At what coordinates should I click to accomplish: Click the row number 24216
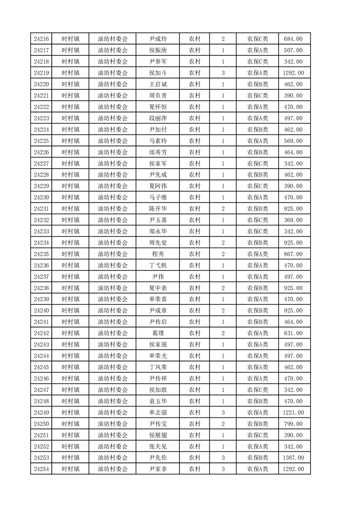41,39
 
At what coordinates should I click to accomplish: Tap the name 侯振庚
158,50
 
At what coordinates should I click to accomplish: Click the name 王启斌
158,84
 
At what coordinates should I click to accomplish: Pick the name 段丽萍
158,118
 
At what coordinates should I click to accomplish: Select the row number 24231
41,209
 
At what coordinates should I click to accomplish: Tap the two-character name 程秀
158,254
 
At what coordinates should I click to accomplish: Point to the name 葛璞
158,333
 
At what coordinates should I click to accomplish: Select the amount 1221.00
293,412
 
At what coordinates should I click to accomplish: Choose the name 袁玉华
158,401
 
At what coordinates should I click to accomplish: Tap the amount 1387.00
293,458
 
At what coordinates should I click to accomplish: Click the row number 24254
41,469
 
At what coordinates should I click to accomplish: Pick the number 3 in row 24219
223,73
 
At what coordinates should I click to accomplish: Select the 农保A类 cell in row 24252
257,446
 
